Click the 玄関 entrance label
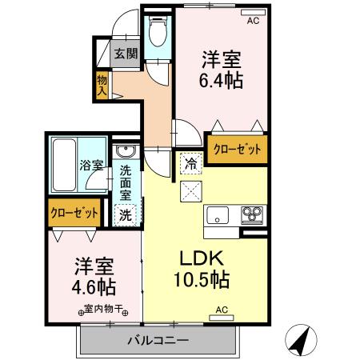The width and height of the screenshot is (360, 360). point(125,54)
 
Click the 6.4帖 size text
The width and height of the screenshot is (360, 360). point(222,81)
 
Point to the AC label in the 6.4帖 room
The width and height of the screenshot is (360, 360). point(253,21)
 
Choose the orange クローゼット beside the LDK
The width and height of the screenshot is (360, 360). point(237,148)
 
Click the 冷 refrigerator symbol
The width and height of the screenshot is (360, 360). point(190,162)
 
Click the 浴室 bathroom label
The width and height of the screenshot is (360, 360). point(90,166)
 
